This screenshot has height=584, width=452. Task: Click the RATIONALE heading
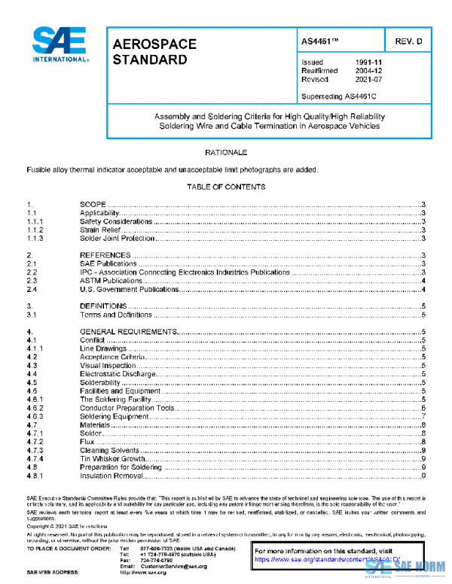(226, 153)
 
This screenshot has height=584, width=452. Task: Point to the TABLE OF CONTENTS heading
(226, 186)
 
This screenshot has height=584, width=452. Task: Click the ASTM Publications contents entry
(111, 281)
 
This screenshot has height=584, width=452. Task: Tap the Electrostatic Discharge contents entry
(118, 374)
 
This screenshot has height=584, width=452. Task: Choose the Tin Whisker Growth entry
(114, 459)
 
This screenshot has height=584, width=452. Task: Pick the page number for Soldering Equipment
(425, 416)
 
